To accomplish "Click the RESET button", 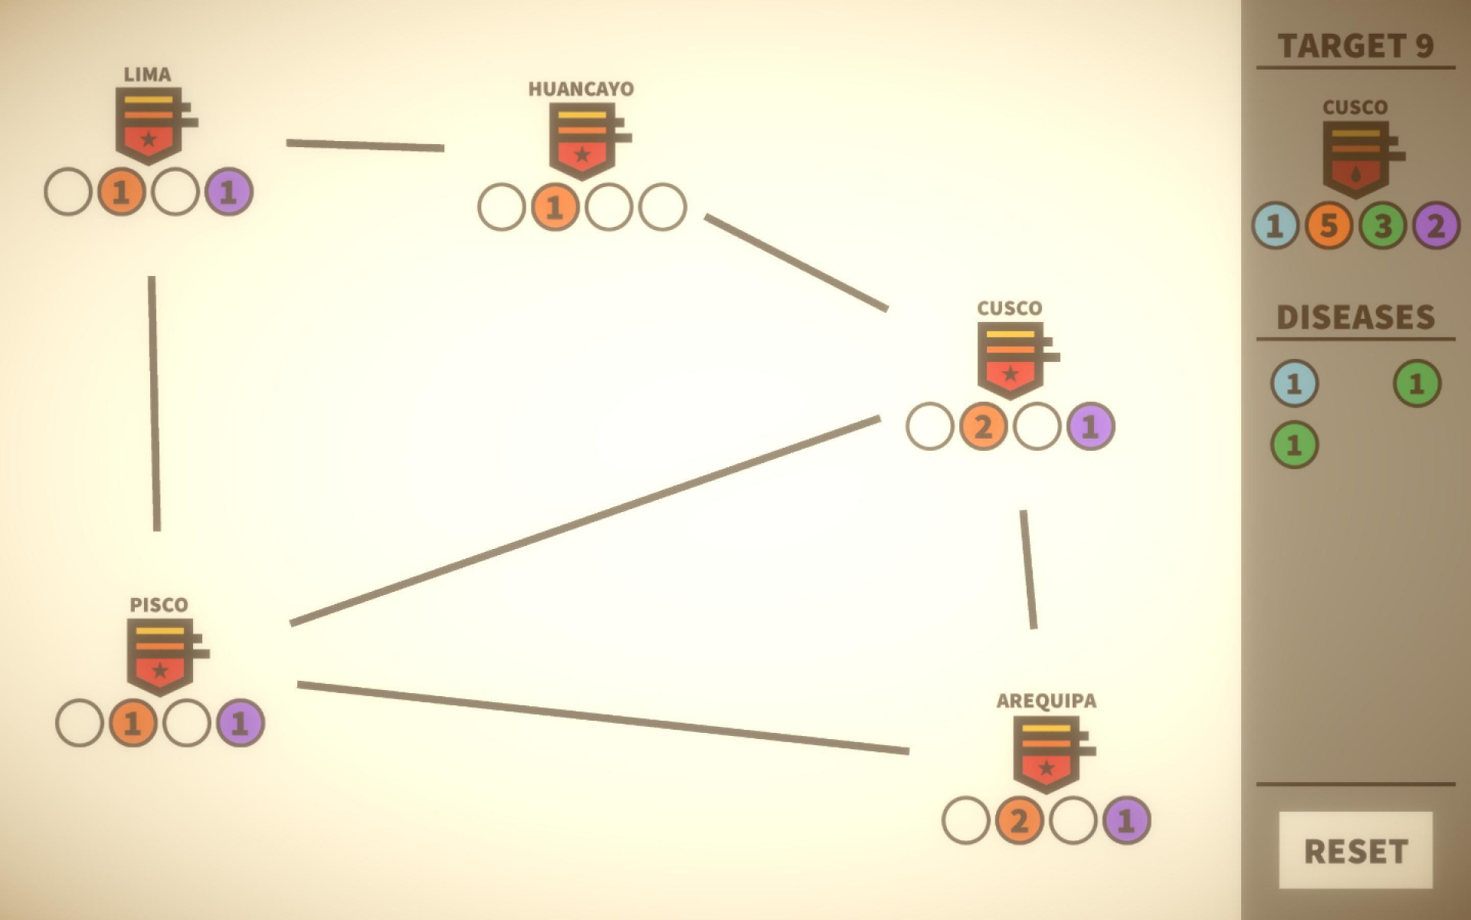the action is coord(1355,850).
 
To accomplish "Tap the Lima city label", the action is coord(147,74).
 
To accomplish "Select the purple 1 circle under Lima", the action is coord(228,192).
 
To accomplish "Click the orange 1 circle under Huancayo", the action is coord(555,207).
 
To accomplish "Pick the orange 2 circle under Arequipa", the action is coord(1019,820).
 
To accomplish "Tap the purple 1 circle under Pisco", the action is coord(240,723).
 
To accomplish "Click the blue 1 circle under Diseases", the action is coord(1294,383).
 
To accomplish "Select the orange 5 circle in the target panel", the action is coord(1328,225).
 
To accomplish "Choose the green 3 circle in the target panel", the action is coord(1382,225).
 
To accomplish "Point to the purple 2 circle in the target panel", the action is coord(1436,225).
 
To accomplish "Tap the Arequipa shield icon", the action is coord(1054,754).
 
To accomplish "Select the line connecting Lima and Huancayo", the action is coord(365,145).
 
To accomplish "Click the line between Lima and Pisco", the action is coord(154,403).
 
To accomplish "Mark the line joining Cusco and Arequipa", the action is coord(1028,570).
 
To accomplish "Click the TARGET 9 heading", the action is coord(1355,46).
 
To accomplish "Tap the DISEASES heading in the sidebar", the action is coord(1355,317).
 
